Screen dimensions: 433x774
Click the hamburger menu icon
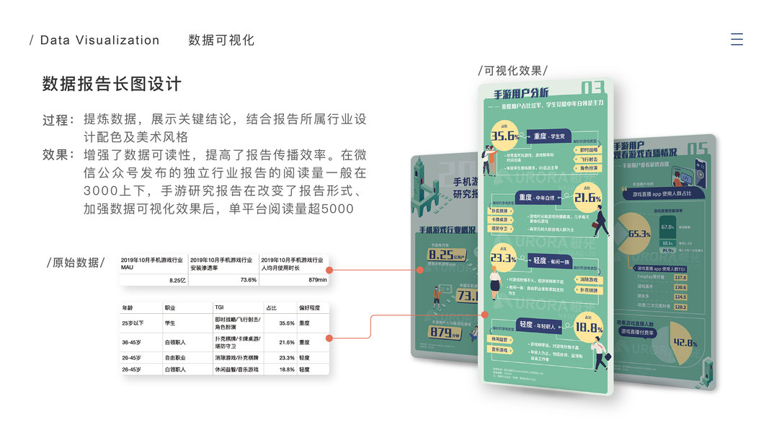click(737, 40)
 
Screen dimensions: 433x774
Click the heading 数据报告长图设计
click(112, 84)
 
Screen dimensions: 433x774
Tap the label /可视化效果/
click(512, 71)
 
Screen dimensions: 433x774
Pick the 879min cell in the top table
click(317, 280)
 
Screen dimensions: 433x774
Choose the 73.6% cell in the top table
click(248, 280)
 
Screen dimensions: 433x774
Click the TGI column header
click(219, 308)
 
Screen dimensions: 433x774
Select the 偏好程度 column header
click(311, 308)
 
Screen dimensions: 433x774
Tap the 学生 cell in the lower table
click(170, 323)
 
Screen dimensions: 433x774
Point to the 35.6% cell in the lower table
click(286, 323)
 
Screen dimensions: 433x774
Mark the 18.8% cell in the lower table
click(286, 369)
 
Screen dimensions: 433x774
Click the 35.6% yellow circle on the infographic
click(505, 135)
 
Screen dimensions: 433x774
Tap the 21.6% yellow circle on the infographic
click(587, 197)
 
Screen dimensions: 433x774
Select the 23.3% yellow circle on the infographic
click(503, 258)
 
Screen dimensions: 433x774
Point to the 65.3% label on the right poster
click(639, 234)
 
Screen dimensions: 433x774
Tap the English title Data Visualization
click(99, 40)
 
